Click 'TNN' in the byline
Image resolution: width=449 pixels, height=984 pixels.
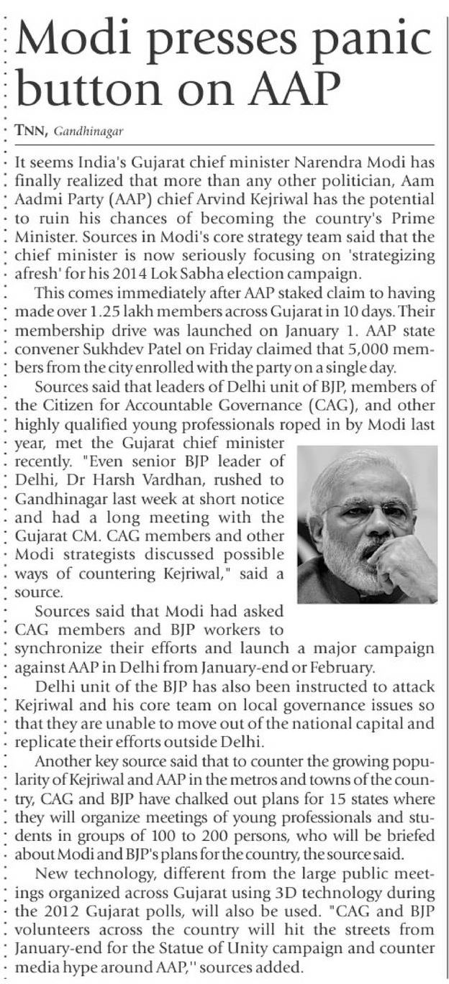click(x=37, y=132)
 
